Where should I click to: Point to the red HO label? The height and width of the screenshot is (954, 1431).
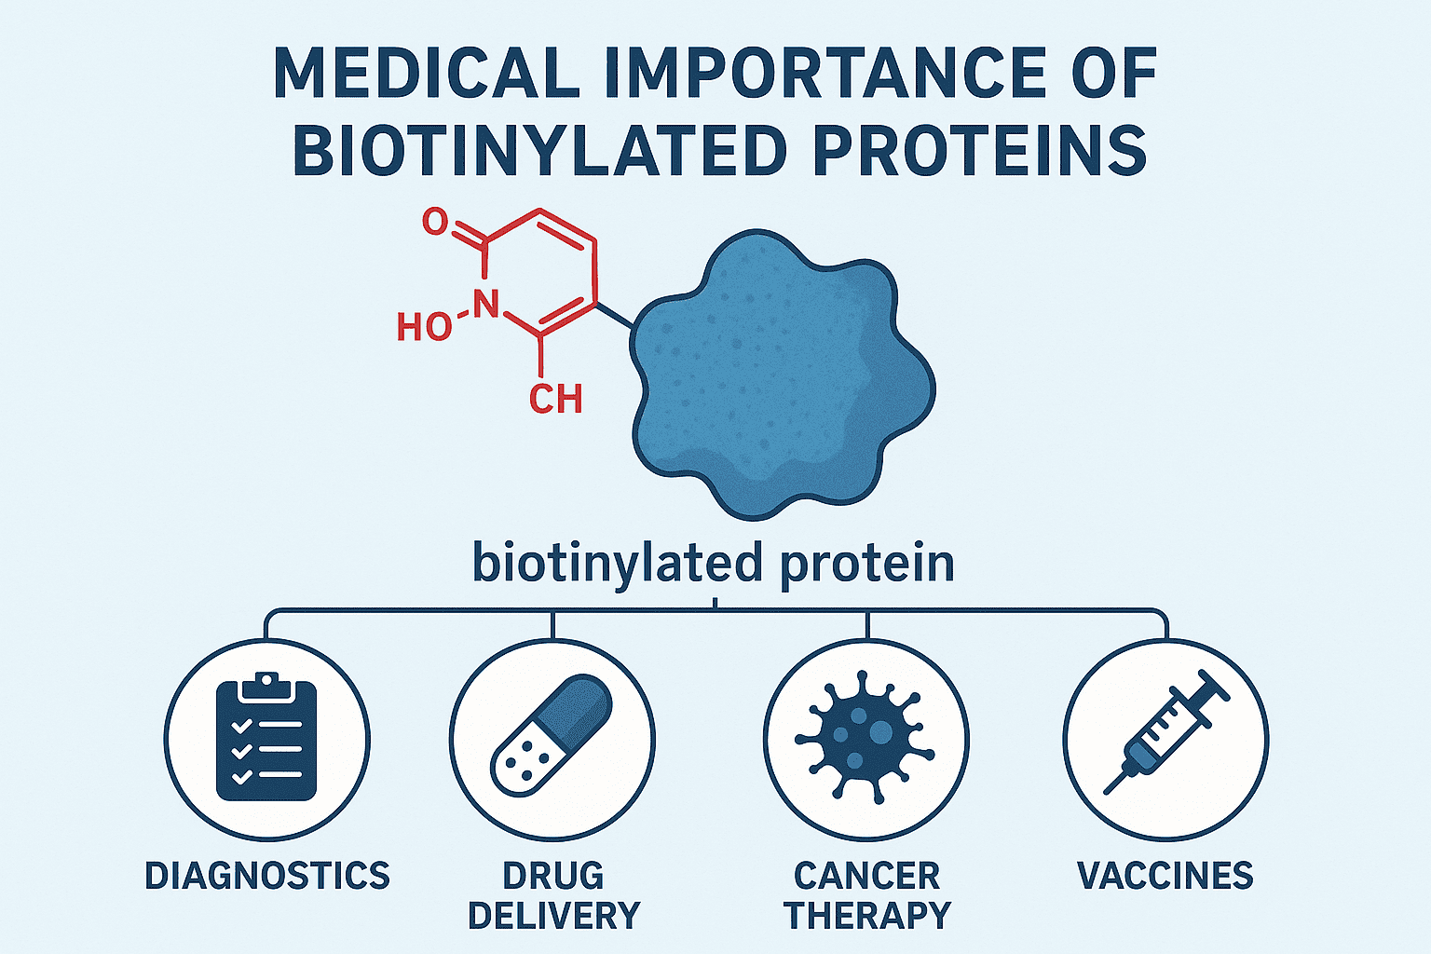pos(423,327)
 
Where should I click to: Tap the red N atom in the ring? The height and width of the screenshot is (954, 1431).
pos(486,303)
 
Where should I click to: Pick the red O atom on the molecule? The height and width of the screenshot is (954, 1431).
pos(435,222)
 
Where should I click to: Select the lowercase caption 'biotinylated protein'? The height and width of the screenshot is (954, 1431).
pos(714,564)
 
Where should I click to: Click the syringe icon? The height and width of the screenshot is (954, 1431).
pos(1165,732)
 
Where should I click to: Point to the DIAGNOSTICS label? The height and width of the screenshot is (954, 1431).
pos(266,876)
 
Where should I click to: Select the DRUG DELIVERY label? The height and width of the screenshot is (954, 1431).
pos(553,895)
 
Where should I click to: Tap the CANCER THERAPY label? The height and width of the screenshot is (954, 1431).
pos(866,895)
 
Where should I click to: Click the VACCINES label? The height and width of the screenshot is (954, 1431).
pos(1165,876)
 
